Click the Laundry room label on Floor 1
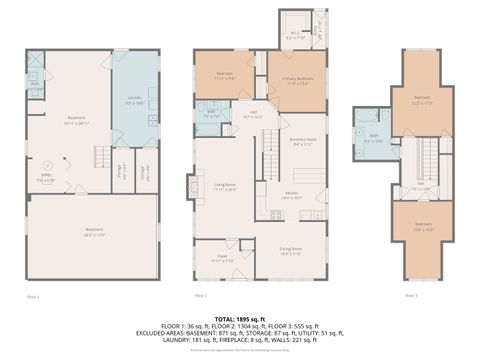pyautogui.click(x=134, y=101)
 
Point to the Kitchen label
pyautogui.click(x=290, y=196)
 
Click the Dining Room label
pyautogui.click(x=289, y=252)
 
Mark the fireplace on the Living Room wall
pyautogui.click(x=192, y=188)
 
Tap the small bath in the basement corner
pyautogui.click(x=36, y=86)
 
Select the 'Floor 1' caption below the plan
pyautogui.click(x=33, y=296)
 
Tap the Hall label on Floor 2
pyautogui.click(x=254, y=113)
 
